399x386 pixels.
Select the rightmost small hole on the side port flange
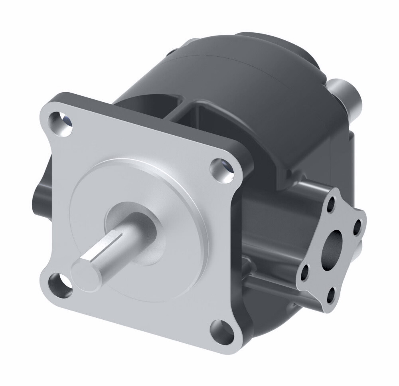point(357,226)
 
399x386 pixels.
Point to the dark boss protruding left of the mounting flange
point(40,196)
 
